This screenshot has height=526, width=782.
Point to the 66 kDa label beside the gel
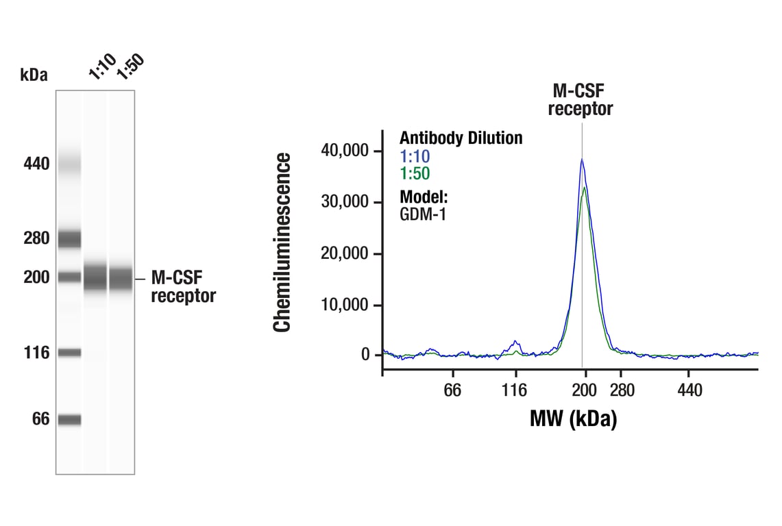pos(40,418)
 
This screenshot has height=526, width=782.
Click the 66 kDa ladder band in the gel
pos(69,419)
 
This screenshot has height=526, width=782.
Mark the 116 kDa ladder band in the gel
pos(69,353)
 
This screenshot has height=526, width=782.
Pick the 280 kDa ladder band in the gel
pos(69,239)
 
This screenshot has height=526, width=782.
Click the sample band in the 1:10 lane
pos(95,278)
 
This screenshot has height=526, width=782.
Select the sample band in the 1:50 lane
pos(121,278)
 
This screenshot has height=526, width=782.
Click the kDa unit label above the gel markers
pos(34,75)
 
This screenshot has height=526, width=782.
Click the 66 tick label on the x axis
pos(452,390)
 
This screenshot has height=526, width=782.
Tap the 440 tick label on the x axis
pos(689,390)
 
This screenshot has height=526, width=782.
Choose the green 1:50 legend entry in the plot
pos(415,174)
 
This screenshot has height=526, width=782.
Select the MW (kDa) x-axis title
pos(573,418)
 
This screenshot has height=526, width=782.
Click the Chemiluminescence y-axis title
pos(282,243)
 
